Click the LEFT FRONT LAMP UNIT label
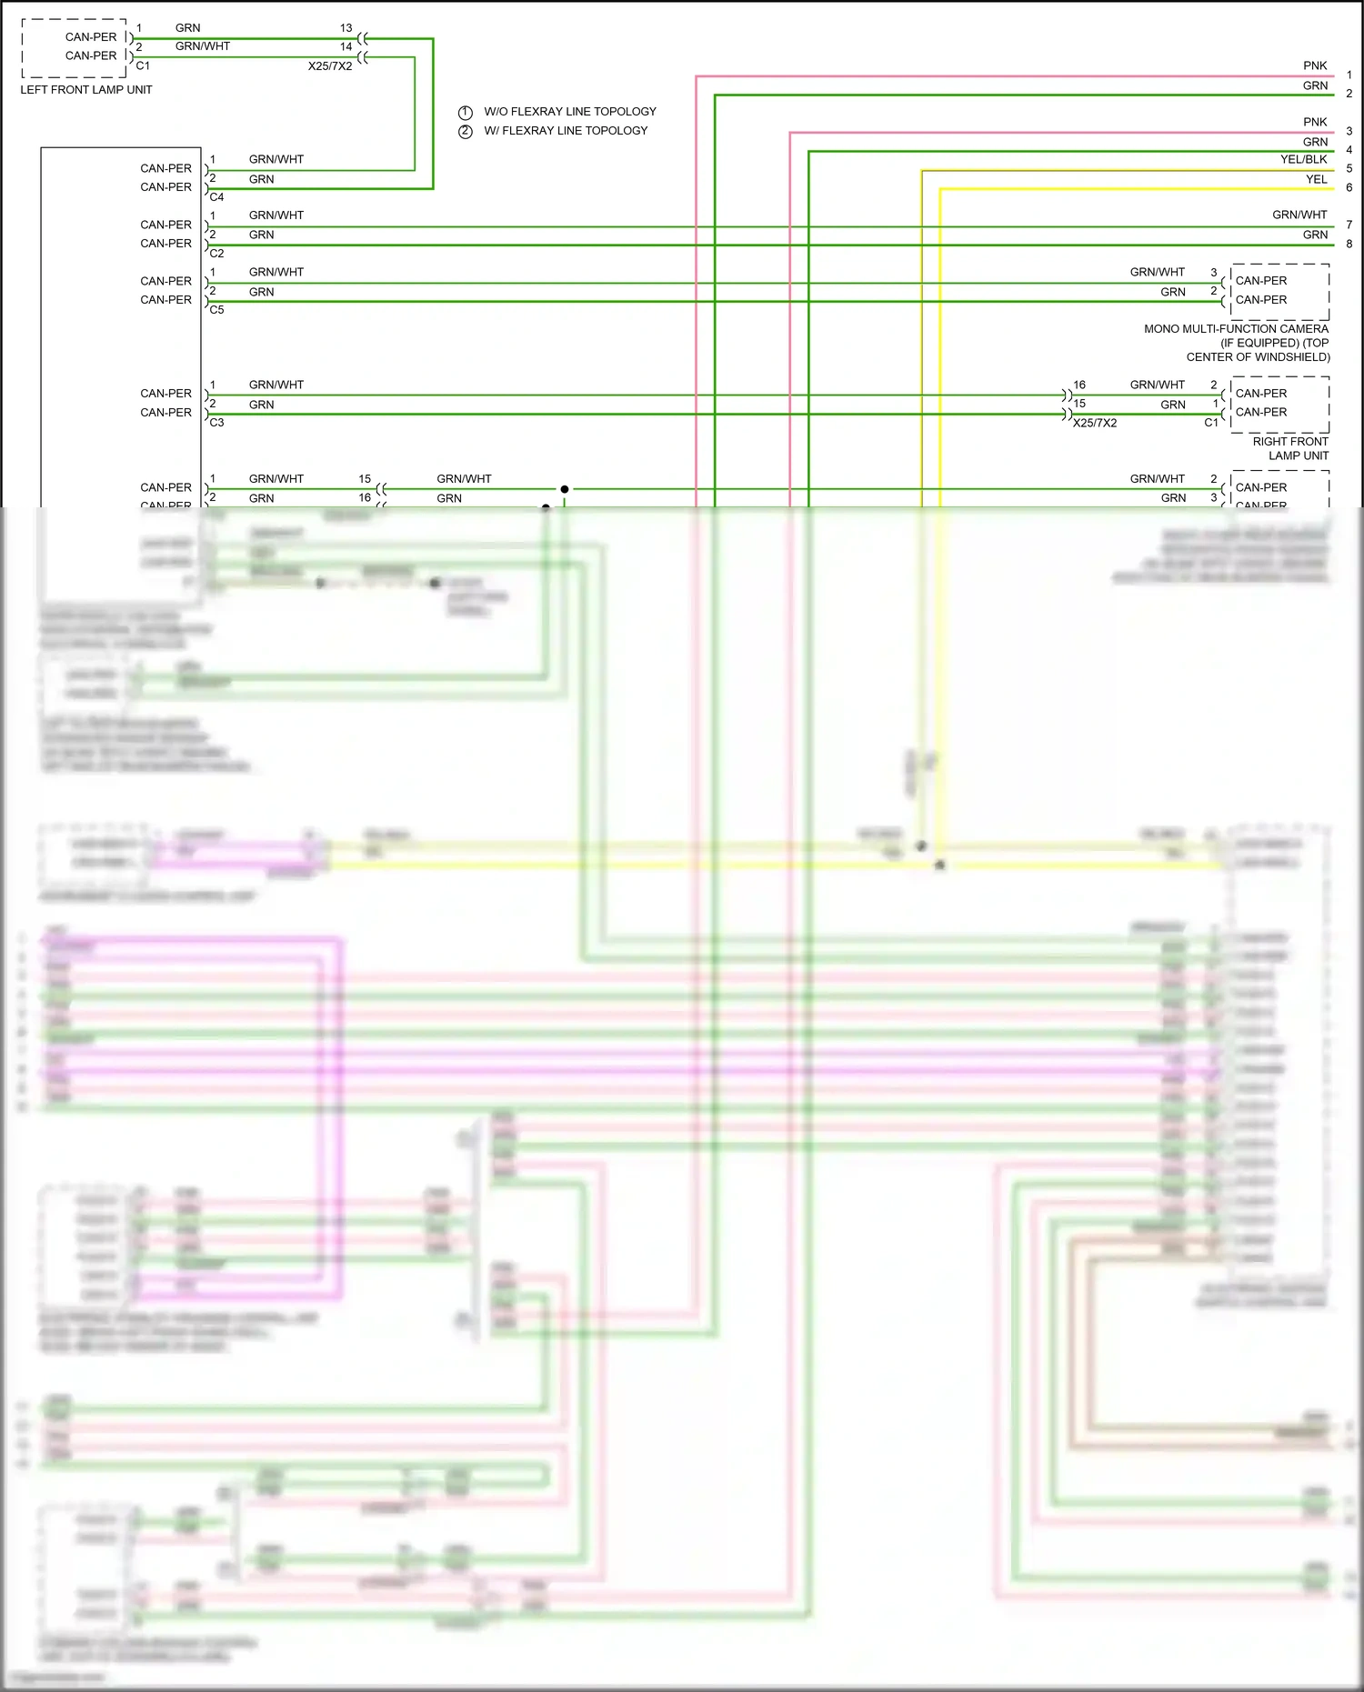pos(86,90)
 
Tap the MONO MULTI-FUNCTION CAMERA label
pos(1236,329)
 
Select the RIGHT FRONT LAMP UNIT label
pos(1290,448)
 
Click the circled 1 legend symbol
pos(466,113)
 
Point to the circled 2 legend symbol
pos(466,132)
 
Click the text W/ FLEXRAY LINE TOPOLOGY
pos(566,131)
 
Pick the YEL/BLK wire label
pos(1303,159)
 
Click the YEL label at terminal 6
pos(1316,179)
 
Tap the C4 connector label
pos(216,197)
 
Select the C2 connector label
pos(216,254)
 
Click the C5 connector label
pos(216,310)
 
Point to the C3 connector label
pos(216,423)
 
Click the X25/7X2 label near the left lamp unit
pos(330,66)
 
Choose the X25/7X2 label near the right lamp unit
pos(1095,423)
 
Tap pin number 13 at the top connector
pos(346,28)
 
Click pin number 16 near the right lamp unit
pos(1079,385)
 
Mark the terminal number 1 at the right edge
pos(1349,75)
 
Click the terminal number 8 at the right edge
pos(1349,244)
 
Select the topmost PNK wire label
pos(1315,65)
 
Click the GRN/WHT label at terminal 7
pos(1299,215)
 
